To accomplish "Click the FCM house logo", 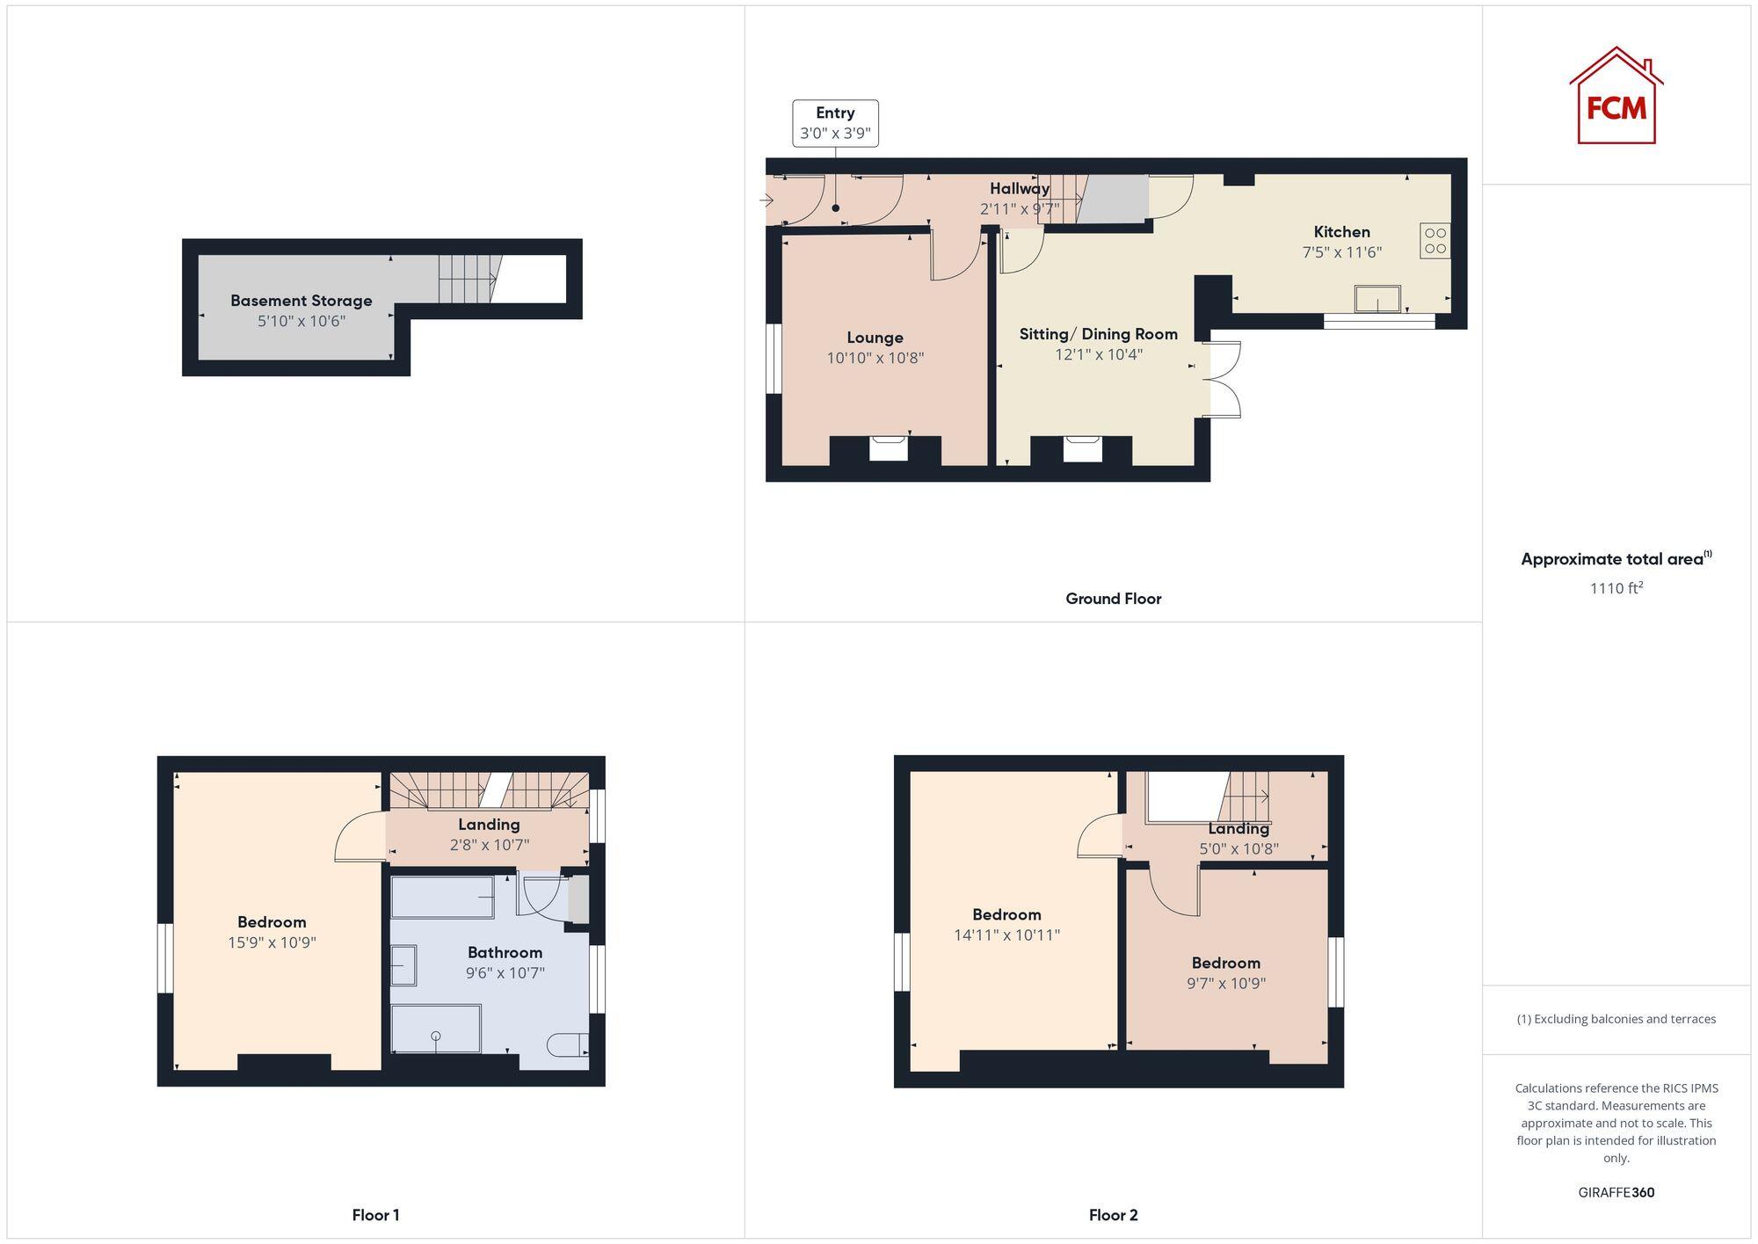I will [x=1616, y=96].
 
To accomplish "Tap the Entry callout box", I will [x=835, y=123].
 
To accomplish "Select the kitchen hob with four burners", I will [x=1435, y=241].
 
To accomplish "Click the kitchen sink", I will [x=1377, y=299].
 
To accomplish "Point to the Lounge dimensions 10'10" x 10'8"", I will [x=875, y=358].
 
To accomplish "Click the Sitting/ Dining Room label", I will [x=1098, y=334].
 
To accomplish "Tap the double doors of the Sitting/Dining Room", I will [x=1224, y=379].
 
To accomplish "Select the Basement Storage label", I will [x=301, y=301].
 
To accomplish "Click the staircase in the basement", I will [x=469, y=278].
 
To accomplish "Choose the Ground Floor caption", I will [x=1113, y=599].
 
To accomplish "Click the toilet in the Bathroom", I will [x=567, y=1044].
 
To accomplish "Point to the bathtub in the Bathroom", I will [x=442, y=897].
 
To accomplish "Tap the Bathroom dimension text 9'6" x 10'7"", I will [x=505, y=973].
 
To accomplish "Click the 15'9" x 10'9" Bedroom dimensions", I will [x=271, y=942].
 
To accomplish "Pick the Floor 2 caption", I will [x=1113, y=1215].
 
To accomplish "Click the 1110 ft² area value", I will [x=1616, y=588].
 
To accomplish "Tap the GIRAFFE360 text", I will [x=1616, y=1192].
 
